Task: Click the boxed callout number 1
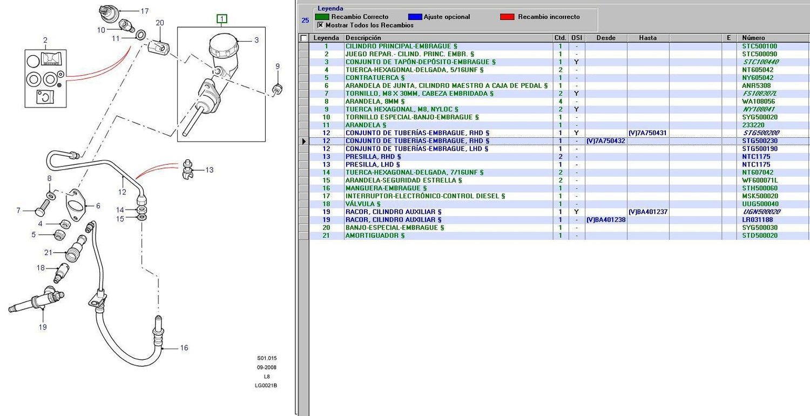click(x=221, y=18)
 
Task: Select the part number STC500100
click(x=759, y=46)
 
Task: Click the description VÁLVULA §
click(x=363, y=204)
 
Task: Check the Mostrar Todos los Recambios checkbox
click(x=320, y=25)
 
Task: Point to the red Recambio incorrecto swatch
click(x=507, y=17)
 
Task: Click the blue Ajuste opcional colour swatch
click(x=415, y=17)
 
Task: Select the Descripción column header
click(x=363, y=38)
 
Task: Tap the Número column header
click(x=753, y=38)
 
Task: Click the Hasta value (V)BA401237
click(x=647, y=212)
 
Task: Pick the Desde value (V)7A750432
click(x=606, y=141)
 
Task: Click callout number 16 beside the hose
click(x=184, y=348)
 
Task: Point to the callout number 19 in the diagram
click(x=43, y=327)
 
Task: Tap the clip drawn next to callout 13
click(x=187, y=169)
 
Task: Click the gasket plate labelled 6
click(x=76, y=205)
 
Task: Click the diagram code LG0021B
click(x=266, y=386)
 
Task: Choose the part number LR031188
click(x=757, y=220)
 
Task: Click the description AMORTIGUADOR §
click(x=375, y=236)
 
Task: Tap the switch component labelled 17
click(x=108, y=12)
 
